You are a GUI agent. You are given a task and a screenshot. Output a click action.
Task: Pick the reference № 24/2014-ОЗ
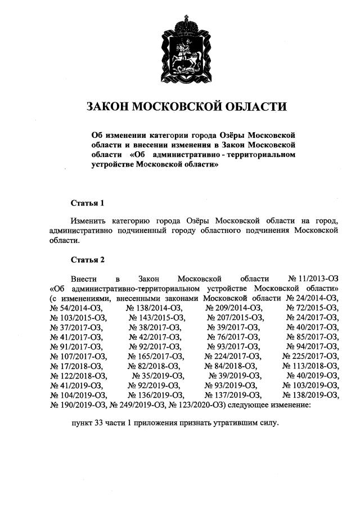coord(312,298)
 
